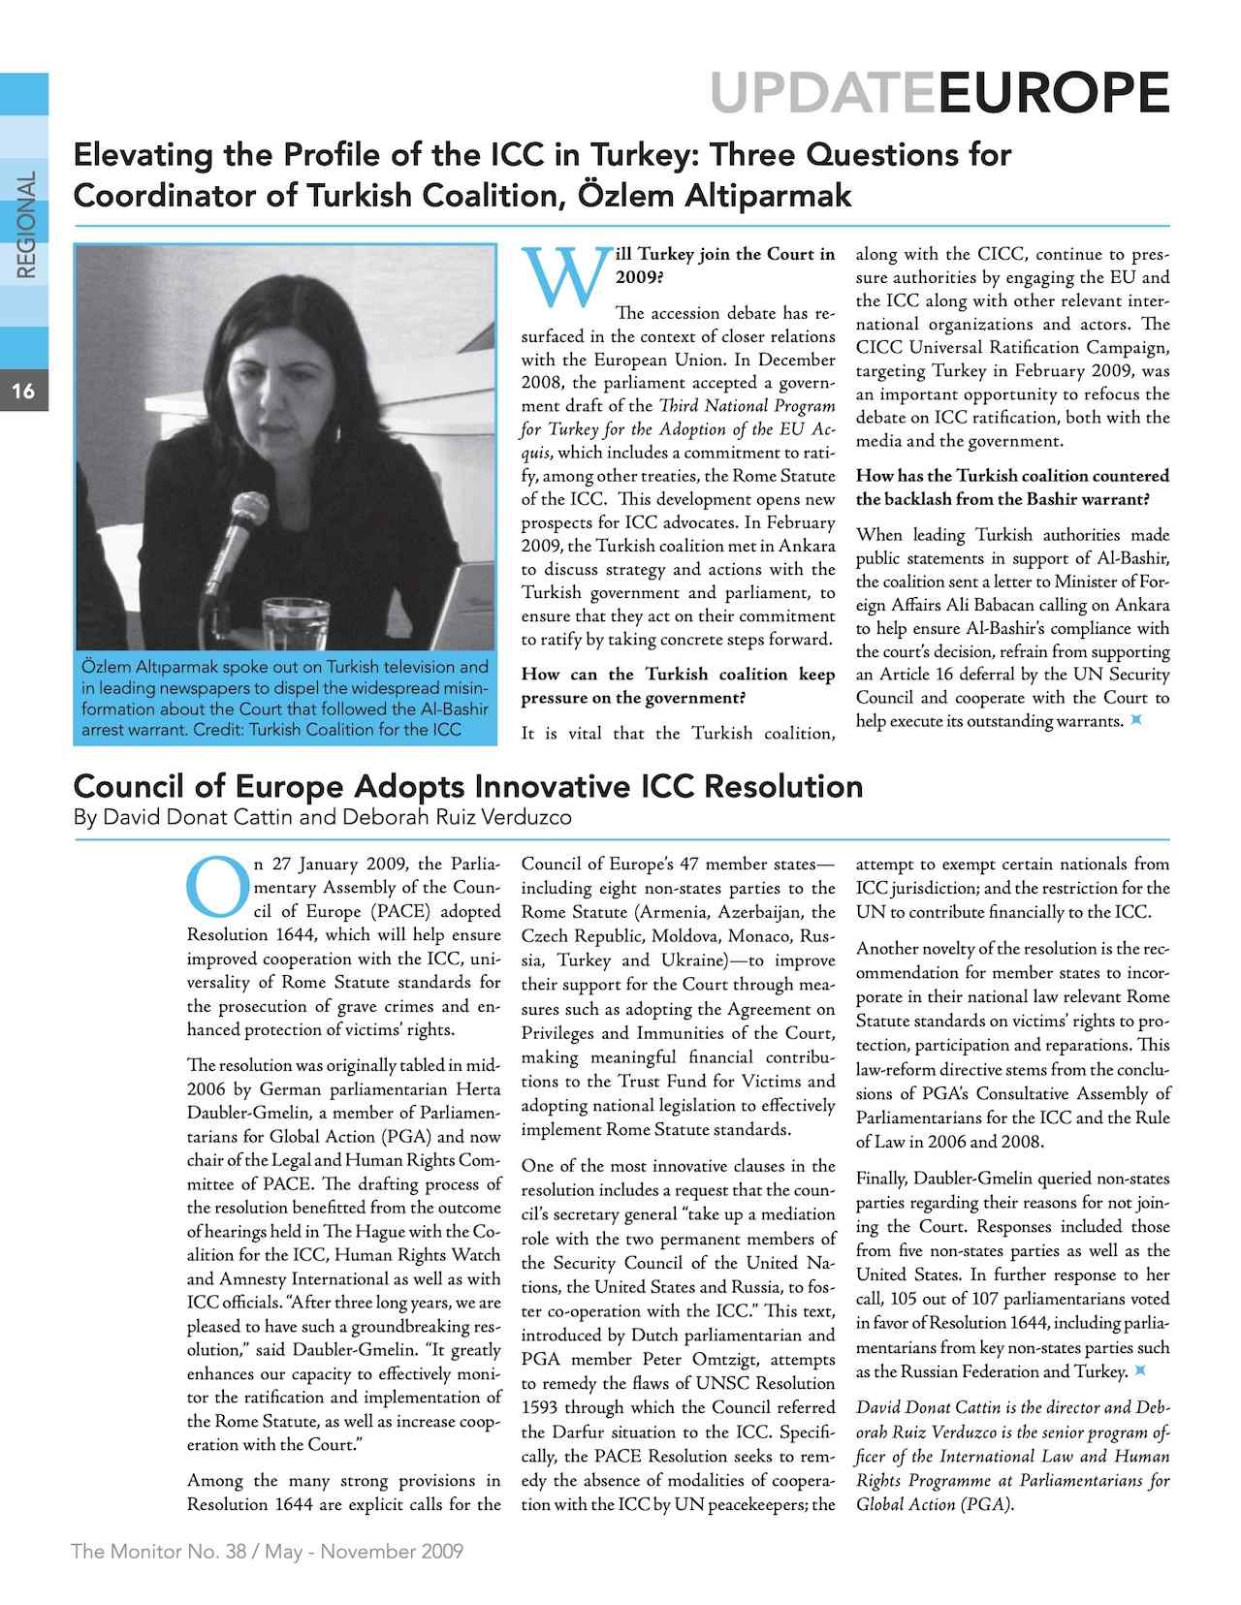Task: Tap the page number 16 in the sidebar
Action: (23, 392)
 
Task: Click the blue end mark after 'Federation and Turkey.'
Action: (1141, 1370)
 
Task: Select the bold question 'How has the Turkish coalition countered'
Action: (1012, 476)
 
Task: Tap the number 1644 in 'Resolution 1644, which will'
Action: (291, 935)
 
